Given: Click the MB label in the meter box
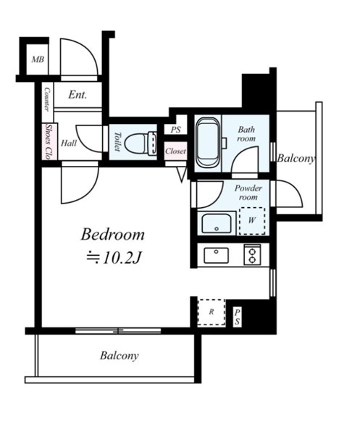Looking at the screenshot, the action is coord(38,59).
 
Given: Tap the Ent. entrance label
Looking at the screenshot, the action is coord(78,94).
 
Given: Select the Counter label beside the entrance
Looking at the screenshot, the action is coord(47,99).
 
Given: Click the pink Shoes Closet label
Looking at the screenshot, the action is coord(49,141).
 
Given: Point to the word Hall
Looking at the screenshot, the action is coord(69,143).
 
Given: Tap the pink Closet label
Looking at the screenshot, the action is coord(175,151).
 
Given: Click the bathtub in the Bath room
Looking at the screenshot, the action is coord(208,142).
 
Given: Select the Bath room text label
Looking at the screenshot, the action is coord(246,134).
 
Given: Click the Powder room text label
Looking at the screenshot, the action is coord(248,193).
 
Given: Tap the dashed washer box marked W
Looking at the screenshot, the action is coord(252,221).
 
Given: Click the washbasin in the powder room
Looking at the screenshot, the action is coord(217,223).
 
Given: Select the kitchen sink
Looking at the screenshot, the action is coord(216,255).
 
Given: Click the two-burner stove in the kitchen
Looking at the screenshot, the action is coord(252,255).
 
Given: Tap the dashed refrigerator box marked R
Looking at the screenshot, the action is coord(212,312).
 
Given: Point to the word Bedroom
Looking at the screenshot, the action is coord(113,234).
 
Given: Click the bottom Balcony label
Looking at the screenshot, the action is coord(120,356).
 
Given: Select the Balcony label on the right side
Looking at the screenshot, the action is coord(296,158).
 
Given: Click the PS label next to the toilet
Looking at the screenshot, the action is coord(176,130).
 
